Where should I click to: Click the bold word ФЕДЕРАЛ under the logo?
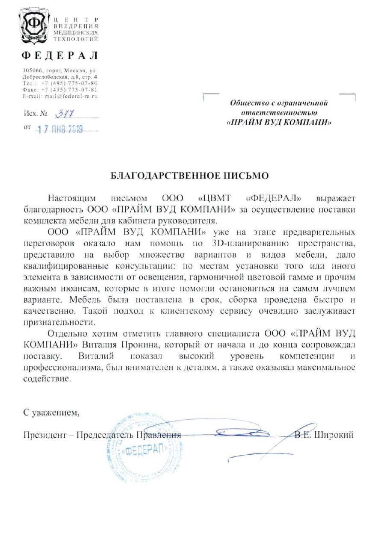click(60, 56)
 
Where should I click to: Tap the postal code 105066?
click(32, 70)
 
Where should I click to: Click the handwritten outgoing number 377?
click(64, 115)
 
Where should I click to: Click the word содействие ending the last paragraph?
click(46, 379)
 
